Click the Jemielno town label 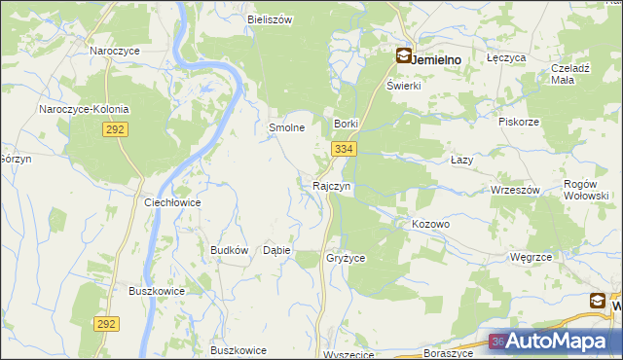[x=436, y=58]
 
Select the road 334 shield [x=342, y=149]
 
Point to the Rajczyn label [x=332, y=185]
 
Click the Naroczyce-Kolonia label [x=84, y=110]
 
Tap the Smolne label [x=287, y=127]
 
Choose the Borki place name [x=347, y=125]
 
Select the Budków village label [x=230, y=250]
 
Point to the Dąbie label [x=277, y=250]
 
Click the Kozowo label [x=430, y=224]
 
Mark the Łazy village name [x=462, y=159]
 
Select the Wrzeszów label [x=516, y=190]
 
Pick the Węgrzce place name [x=531, y=257]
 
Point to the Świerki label [x=402, y=86]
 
